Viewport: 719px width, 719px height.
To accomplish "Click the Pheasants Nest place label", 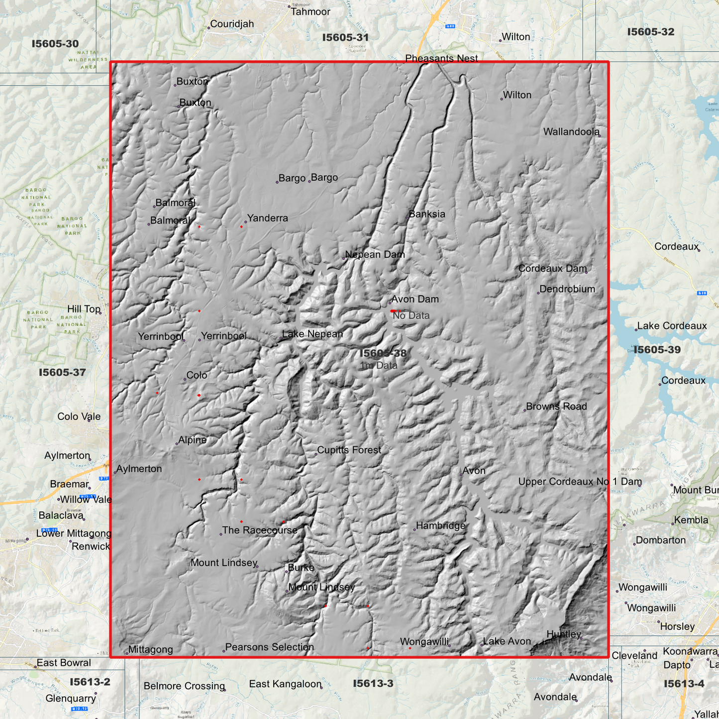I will (441, 58).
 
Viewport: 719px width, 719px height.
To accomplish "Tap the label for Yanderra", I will (268, 218).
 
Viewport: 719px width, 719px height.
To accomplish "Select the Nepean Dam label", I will (375, 254).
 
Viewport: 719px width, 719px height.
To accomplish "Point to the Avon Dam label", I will (415, 299).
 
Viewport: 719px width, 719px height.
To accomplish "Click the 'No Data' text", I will (411, 315).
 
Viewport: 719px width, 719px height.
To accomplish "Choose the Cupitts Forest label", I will (349, 450).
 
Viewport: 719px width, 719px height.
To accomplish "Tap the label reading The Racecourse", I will (260, 530).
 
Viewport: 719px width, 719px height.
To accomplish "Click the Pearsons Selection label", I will (270, 647).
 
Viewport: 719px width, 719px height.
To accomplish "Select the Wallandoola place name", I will (571, 132).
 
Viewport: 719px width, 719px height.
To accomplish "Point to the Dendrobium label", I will (567, 289).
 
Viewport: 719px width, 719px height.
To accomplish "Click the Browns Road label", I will (556, 406).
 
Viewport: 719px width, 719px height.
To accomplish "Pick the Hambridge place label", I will (441, 525).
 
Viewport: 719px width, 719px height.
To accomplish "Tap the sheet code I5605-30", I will (55, 44).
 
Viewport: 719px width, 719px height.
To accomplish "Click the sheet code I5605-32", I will (651, 32).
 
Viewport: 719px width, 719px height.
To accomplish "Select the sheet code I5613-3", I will (373, 684).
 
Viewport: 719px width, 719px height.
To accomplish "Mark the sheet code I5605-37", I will (62, 372).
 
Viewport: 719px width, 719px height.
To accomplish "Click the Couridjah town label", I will (232, 24).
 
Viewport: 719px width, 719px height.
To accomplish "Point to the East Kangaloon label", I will (285, 684).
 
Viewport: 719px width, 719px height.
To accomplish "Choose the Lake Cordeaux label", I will (672, 326).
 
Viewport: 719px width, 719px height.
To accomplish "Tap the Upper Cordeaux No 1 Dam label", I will (580, 482).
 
